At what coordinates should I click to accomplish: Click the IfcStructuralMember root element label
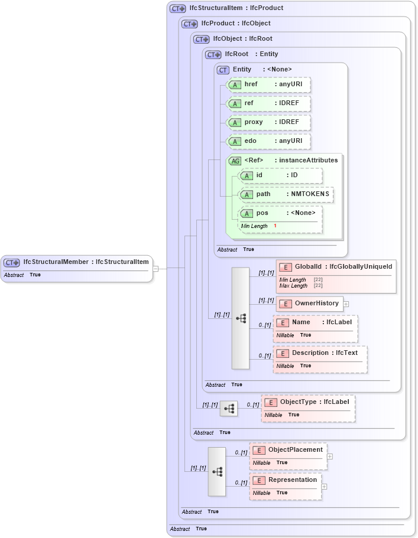coord(56,262)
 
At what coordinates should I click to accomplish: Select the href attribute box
coord(269,84)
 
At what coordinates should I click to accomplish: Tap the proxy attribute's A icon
coord(235,122)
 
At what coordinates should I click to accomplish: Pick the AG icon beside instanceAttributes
coord(235,161)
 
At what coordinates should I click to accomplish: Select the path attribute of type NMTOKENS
coord(286,194)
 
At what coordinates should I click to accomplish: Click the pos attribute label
coord(262,213)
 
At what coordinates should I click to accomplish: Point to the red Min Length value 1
coord(275,226)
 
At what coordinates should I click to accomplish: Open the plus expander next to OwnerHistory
coord(346,304)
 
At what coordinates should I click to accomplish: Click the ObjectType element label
coord(298,402)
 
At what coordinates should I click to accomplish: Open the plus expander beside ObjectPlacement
coord(330,456)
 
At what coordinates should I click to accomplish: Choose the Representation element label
coord(293,480)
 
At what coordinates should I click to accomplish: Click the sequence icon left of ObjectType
coord(229,408)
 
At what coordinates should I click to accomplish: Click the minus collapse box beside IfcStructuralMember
coord(155,268)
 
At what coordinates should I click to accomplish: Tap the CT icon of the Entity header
coord(223,70)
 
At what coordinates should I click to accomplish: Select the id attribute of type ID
coord(280,175)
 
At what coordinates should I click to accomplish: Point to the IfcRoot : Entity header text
coord(251,54)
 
